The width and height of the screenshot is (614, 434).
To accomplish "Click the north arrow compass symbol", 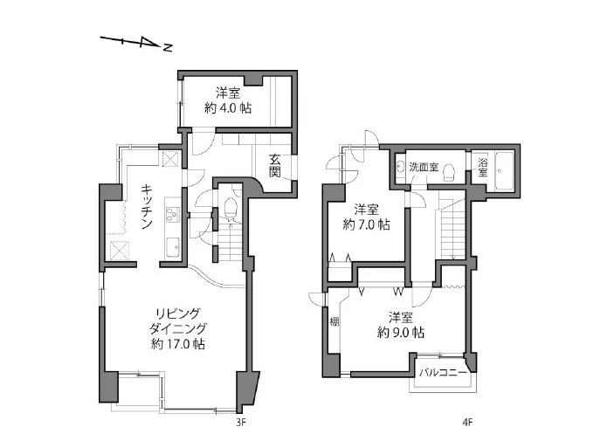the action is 136,43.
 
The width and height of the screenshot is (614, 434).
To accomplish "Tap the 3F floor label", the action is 240,423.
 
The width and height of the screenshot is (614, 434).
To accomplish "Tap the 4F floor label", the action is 467,423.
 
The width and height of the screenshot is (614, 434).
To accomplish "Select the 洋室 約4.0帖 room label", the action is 228,100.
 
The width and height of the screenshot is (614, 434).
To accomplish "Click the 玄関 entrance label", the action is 275,166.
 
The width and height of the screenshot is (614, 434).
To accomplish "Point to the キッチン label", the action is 147,207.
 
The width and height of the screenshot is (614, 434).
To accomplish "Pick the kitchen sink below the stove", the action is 173,247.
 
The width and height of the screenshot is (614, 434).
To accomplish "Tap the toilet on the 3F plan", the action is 231,208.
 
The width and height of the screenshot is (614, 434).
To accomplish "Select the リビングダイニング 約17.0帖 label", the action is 178,328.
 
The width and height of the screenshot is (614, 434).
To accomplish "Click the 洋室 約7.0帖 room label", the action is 366,217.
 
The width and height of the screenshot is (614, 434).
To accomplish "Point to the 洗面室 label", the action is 424,168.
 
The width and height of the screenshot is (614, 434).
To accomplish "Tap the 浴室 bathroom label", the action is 482,167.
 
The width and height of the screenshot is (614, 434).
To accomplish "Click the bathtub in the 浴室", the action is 504,170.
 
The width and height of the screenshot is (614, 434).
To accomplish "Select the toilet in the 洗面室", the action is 448,172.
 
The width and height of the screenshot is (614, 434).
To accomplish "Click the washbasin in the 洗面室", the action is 400,167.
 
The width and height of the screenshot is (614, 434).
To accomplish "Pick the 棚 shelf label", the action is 334,321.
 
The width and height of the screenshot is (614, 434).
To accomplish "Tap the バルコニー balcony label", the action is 444,372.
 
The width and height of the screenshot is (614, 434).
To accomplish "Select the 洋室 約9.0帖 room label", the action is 401,325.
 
